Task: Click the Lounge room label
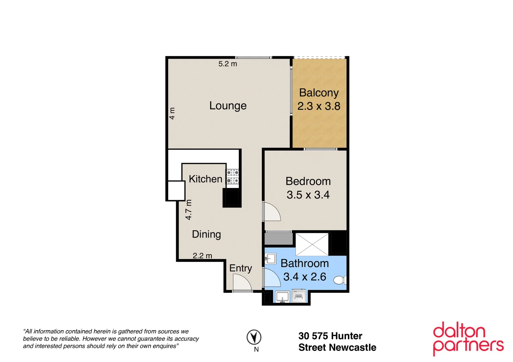pos(228,106)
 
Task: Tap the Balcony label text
pos(319,93)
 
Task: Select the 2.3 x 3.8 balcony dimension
pos(319,106)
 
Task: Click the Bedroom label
pos(308,181)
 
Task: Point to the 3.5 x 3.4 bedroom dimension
pos(308,195)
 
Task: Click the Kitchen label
pos(205,179)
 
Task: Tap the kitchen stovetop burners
pos(233,177)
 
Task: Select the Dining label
pos(206,234)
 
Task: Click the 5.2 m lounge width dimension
pos(227,64)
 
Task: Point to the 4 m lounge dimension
pos(172,113)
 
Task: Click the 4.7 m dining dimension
pos(189,210)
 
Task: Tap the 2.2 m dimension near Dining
pos(202,256)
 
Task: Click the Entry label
pos(241,268)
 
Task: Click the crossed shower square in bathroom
pos(312,244)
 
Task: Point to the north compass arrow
pos(254,337)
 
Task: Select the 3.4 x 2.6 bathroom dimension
pos(305,277)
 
